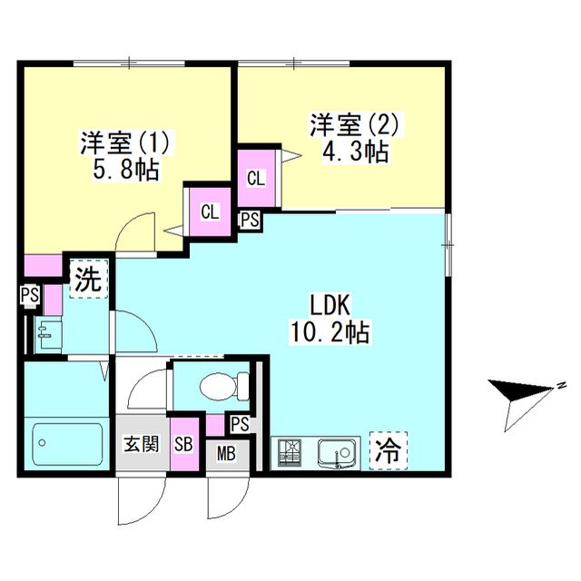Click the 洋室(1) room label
126,143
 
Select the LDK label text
330,303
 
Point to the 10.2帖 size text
330,332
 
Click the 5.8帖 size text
126,170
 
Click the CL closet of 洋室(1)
210,212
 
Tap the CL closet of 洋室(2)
257,178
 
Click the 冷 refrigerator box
389,449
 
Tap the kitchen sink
337,452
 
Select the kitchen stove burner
290,452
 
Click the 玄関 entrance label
141,444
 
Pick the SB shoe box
183,444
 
